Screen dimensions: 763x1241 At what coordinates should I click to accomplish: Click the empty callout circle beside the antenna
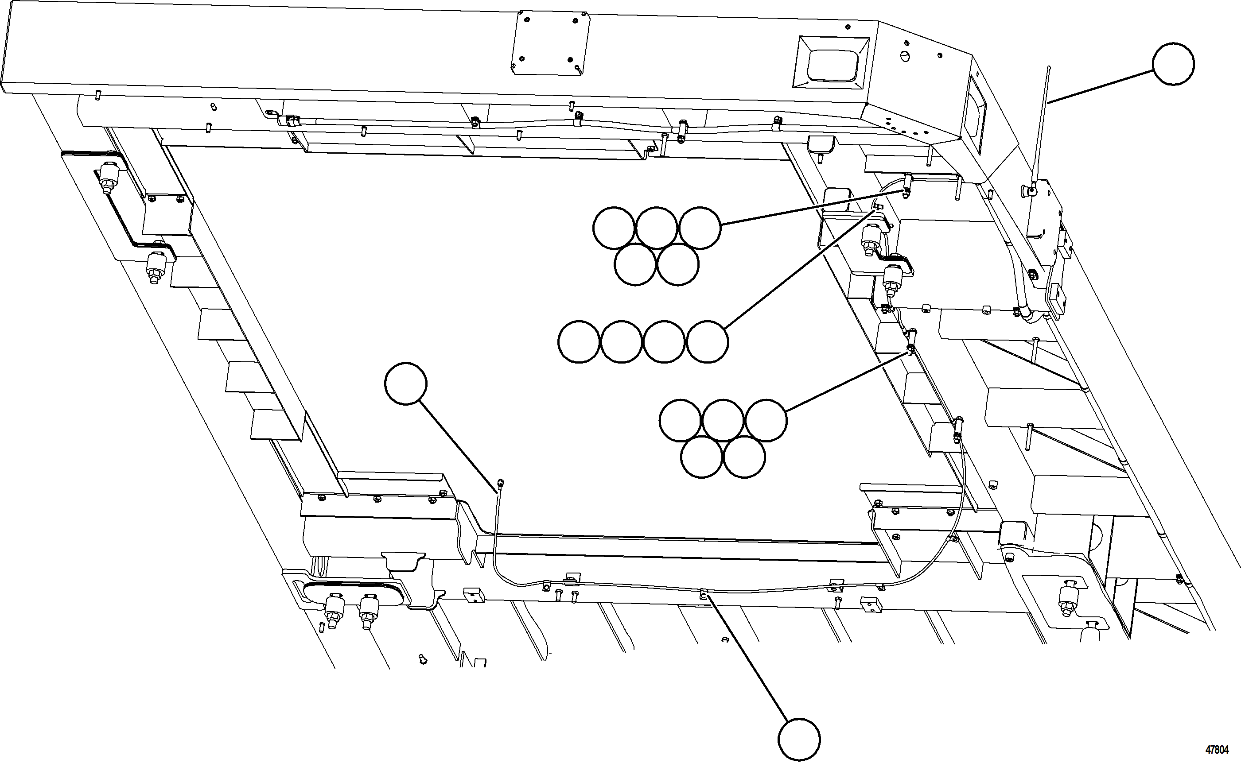pos(1173,64)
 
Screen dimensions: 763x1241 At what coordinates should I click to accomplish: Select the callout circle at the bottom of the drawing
pos(799,740)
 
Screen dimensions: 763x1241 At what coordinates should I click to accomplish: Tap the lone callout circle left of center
pos(406,383)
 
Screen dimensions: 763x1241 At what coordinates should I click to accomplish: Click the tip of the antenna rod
pos(1049,68)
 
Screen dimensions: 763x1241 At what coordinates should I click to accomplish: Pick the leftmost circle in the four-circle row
pos(579,341)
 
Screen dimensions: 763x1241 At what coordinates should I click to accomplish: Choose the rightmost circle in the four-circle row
pos(708,341)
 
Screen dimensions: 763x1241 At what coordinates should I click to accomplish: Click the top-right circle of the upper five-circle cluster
pos(700,228)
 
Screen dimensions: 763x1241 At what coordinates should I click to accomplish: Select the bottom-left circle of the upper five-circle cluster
pos(636,265)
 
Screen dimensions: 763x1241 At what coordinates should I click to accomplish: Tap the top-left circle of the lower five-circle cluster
pos(680,420)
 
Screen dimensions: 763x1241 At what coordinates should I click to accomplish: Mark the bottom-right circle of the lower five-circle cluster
pos(744,457)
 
